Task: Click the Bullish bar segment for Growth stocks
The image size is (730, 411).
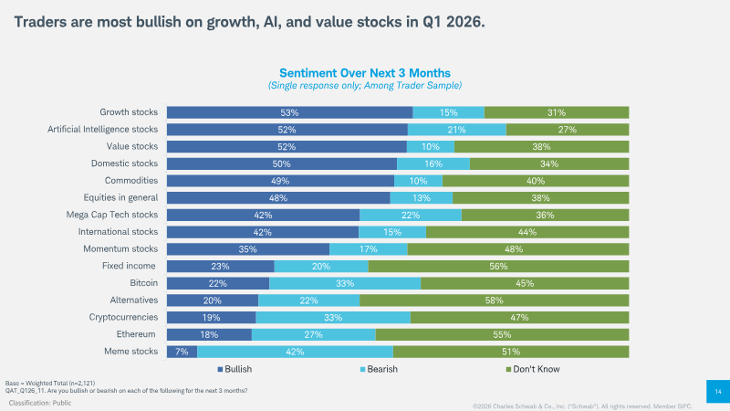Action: click(289, 112)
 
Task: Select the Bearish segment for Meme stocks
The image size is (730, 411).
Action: click(295, 352)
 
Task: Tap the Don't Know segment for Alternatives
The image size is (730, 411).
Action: click(494, 300)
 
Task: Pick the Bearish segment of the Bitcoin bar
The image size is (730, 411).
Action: click(345, 283)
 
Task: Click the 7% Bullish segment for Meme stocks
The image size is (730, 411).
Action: click(182, 352)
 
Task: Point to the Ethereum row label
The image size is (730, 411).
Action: click(136, 334)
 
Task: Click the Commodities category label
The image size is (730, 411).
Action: click(131, 180)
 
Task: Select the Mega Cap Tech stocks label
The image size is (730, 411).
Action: click(111, 215)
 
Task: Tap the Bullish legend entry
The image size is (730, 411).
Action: click(235, 369)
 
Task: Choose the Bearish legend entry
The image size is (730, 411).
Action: click(379, 369)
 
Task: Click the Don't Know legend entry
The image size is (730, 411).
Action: click(533, 369)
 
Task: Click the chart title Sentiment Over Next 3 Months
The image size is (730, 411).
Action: click(365, 73)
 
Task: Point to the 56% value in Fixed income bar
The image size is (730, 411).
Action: click(498, 267)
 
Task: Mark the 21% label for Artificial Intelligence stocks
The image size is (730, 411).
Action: click(457, 130)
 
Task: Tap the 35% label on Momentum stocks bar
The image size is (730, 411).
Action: click(247, 249)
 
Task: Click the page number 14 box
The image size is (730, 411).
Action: click(718, 392)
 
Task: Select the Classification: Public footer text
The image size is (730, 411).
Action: click(40, 403)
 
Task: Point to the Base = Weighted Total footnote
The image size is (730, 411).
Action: click(50, 383)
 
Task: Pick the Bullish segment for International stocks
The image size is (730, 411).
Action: click(263, 232)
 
